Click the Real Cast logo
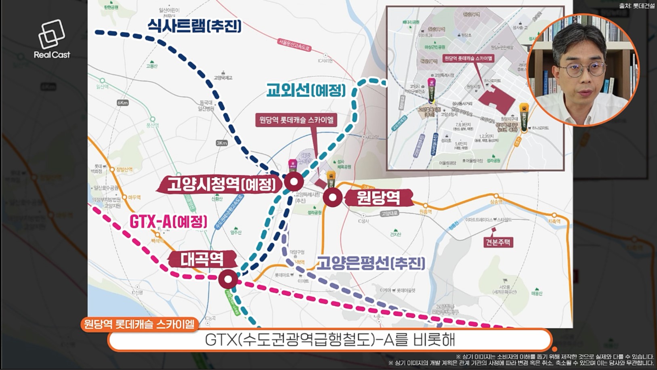click(52, 40)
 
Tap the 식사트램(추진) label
click(194, 26)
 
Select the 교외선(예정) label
click(306, 90)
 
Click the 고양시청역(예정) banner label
click(221, 185)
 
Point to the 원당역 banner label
click(378, 198)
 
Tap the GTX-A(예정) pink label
click(168, 222)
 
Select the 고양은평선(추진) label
click(371, 263)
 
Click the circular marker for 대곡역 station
click(228, 279)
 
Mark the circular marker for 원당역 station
click(333, 198)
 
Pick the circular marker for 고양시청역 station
click(294, 182)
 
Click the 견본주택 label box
click(498, 242)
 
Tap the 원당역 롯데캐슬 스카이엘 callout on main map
click(296, 120)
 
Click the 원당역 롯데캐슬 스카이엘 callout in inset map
click(468, 59)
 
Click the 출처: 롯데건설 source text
click(636, 6)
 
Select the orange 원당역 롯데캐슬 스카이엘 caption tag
click(139, 324)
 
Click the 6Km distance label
click(123, 103)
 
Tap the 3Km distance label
click(222, 143)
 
